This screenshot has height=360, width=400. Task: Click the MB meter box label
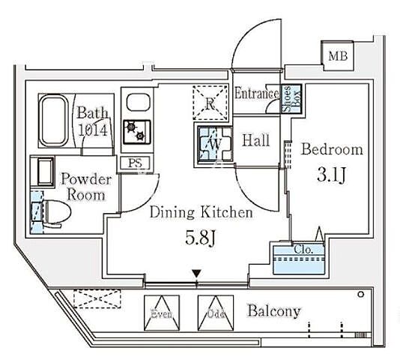click(338, 56)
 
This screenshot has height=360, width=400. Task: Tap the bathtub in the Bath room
click(53, 121)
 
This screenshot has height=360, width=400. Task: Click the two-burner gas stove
click(137, 132)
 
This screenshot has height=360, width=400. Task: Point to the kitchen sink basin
click(138, 102)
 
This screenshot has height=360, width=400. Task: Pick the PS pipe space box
click(135, 163)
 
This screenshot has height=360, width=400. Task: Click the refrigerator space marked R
click(210, 103)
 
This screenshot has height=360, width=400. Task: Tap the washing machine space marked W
click(216, 144)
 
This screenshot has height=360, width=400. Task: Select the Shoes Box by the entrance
click(291, 99)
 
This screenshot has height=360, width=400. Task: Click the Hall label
click(256, 140)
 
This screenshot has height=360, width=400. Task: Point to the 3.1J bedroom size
click(331, 175)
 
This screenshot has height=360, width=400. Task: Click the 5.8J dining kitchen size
click(201, 238)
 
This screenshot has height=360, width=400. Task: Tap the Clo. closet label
click(303, 249)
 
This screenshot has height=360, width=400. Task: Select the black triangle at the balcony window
click(197, 274)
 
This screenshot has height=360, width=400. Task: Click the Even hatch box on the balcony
click(162, 313)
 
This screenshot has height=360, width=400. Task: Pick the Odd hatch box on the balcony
click(216, 313)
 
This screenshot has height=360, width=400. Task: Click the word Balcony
click(274, 311)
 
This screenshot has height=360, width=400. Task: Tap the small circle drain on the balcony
click(361, 294)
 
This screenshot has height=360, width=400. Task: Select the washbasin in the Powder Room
click(46, 171)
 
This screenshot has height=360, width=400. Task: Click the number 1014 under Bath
click(93, 130)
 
